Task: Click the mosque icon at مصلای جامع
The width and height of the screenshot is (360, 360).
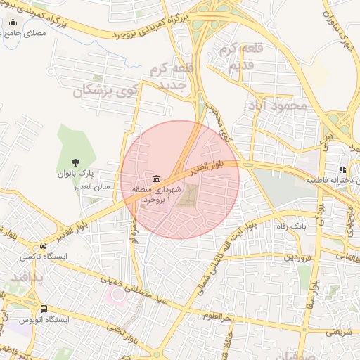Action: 13,22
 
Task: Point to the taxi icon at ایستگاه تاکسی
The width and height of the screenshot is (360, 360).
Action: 44,247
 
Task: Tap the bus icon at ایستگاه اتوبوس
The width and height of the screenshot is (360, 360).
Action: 44,309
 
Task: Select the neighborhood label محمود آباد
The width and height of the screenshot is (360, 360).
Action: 277,105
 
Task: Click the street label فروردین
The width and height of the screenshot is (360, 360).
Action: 297,258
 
